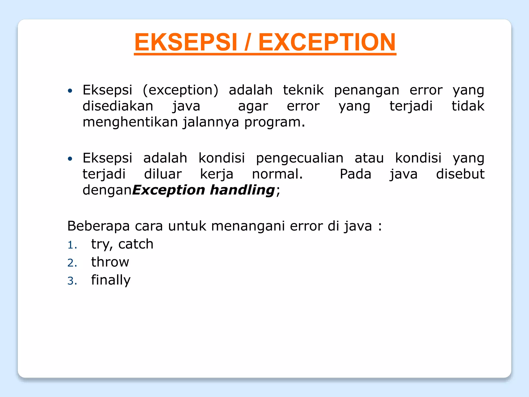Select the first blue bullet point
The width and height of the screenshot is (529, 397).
point(70,91)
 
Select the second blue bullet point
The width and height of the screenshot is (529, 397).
point(70,159)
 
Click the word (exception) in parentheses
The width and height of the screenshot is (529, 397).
point(180,90)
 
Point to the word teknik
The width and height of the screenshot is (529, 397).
point(303,90)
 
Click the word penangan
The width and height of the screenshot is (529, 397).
point(367,91)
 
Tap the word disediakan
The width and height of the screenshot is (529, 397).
point(118,106)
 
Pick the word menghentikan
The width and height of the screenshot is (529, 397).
point(130,122)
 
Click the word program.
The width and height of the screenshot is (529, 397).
point(274,122)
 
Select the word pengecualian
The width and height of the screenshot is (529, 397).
point(300,158)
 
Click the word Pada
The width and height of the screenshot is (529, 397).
point(355,174)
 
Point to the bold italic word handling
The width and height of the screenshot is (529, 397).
point(242,190)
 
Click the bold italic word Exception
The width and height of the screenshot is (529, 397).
point(169,190)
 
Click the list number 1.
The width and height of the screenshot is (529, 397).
point(72,245)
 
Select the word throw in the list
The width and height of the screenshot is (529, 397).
point(110,262)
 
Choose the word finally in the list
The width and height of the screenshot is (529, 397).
point(111,280)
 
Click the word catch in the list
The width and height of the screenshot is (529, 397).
point(136,244)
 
